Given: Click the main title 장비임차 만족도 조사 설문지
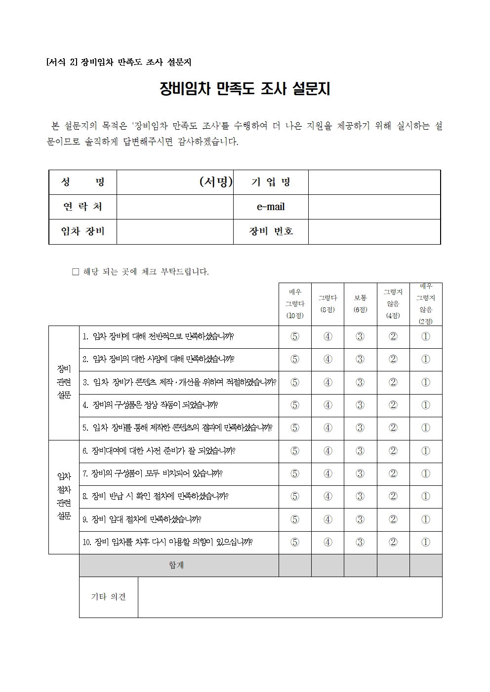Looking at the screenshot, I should (x=245, y=89).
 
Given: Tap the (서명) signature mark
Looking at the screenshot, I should (x=216, y=182).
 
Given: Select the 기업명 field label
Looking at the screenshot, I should (x=271, y=182).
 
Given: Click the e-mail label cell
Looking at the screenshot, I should (x=271, y=207).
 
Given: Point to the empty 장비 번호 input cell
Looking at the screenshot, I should (x=374, y=231).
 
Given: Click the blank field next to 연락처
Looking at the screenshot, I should (x=175, y=207).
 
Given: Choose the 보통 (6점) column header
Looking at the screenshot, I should (x=360, y=304).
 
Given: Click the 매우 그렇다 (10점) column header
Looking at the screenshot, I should (x=295, y=304).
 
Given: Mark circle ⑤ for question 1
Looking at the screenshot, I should (x=295, y=336).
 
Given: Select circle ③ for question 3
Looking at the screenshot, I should (x=360, y=382).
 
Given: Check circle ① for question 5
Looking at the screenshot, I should (x=425, y=428).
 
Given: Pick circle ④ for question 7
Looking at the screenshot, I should (x=327, y=473).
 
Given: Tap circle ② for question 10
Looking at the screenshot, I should (x=393, y=542).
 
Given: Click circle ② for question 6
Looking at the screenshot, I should (x=393, y=451).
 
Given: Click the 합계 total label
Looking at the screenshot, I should (x=176, y=565).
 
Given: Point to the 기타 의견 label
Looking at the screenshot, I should (x=108, y=597).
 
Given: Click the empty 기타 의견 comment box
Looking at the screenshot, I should (x=289, y=597).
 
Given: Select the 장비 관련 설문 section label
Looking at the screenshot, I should (x=64, y=382).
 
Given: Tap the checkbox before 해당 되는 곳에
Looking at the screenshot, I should (x=76, y=272).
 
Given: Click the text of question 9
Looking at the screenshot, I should (x=142, y=519).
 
